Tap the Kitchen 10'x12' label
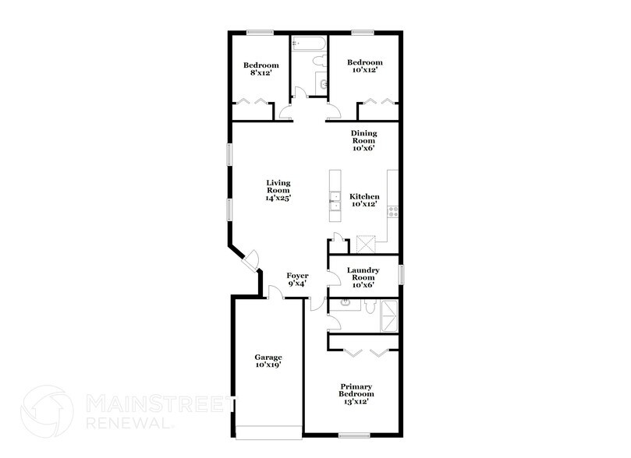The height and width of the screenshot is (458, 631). [364, 200]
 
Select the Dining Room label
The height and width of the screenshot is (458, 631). [364, 140]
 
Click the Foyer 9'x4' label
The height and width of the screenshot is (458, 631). [297, 280]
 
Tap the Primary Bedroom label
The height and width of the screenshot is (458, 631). [355, 393]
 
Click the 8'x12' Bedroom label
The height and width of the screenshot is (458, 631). [259, 69]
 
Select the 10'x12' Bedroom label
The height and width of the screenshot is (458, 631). [364, 66]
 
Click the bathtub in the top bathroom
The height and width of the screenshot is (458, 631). [309, 44]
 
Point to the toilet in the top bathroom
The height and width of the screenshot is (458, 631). [316, 62]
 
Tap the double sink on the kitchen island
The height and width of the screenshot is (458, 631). [335, 201]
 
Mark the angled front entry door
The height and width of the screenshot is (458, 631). [252, 259]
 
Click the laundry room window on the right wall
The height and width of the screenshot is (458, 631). [401, 275]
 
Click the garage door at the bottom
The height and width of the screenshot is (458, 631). [268, 433]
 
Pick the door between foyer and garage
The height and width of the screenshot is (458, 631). [274, 294]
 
